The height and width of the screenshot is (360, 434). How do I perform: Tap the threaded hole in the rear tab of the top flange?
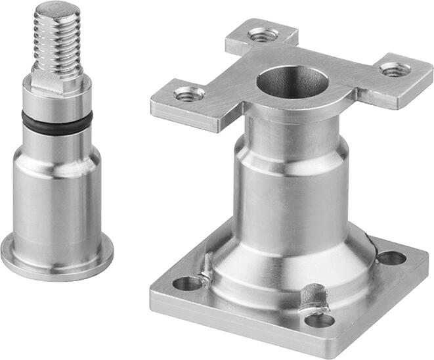pyautogui.click(x=263, y=34)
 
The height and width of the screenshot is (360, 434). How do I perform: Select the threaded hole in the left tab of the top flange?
pyautogui.click(x=188, y=95)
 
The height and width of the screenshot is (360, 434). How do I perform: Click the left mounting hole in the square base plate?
pyautogui.click(x=188, y=284)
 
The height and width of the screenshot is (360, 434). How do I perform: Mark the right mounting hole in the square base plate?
pyautogui.click(x=392, y=258)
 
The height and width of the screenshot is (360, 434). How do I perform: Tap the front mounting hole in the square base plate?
pyautogui.click(x=320, y=320)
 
